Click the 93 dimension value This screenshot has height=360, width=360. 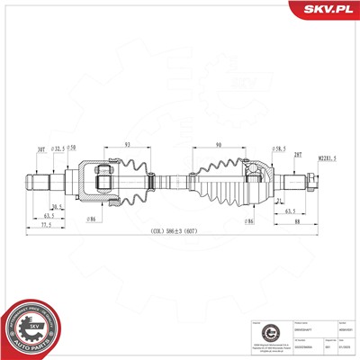point(129,144)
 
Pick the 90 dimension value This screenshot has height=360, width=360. point(219,144)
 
